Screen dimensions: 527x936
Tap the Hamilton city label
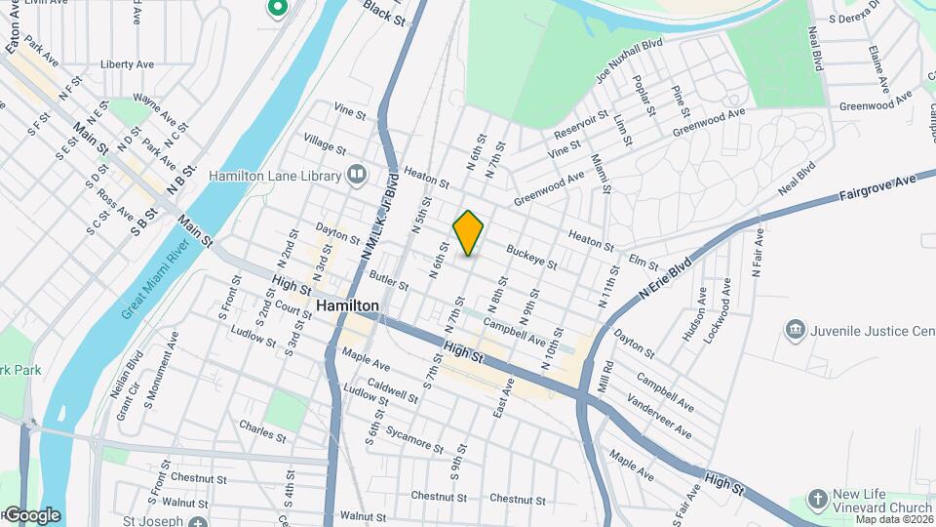[x=347, y=305]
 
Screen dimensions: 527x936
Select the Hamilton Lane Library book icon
[x=356, y=176]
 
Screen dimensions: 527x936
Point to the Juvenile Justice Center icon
[x=796, y=331]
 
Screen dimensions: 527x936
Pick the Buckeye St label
[x=531, y=257]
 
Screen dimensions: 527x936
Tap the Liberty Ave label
[x=127, y=64]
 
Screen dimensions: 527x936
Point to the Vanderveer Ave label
[x=660, y=418]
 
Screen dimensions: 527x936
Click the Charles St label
[x=262, y=431]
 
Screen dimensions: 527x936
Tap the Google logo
[x=32, y=514]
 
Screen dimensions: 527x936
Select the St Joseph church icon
[x=199, y=523]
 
